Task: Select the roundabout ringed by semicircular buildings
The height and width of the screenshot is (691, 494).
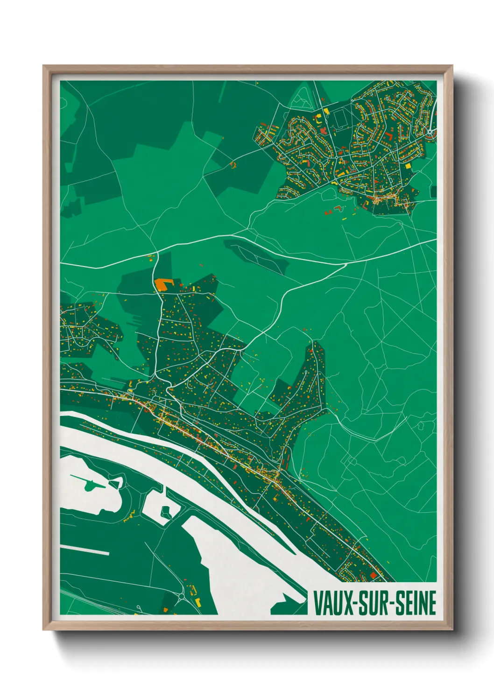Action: click(429, 133)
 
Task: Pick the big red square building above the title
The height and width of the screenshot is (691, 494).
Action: click(373, 575)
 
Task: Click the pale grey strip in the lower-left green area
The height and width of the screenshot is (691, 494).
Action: click(85, 550)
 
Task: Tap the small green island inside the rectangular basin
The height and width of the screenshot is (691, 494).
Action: click(165, 512)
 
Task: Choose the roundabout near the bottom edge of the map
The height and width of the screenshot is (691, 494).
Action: click(181, 596)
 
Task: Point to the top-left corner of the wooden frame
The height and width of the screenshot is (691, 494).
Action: click(43, 66)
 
